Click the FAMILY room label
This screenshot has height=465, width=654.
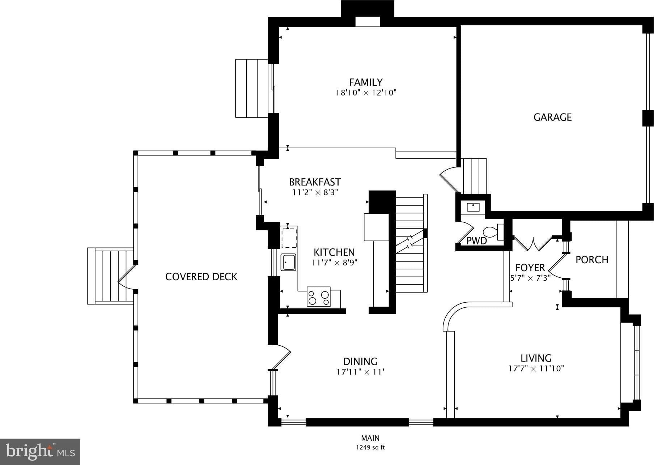coord(366,82)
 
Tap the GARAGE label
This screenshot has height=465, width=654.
coord(552,117)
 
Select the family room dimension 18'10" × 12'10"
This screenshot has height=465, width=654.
coord(366,93)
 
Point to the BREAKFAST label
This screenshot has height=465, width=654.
coord(315,182)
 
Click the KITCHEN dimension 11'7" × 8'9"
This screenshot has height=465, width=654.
coord(334,263)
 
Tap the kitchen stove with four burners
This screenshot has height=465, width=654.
coord(318,297)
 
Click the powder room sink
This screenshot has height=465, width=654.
coord(473,207)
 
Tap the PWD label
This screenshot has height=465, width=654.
coord(476,241)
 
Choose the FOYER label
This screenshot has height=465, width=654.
coord(530,268)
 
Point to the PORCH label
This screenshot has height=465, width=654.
coord(592,260)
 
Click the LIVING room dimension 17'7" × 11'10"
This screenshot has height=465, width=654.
coord(536,369)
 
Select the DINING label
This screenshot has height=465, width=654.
coord(360,361)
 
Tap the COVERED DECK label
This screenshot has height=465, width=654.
coord(201,277)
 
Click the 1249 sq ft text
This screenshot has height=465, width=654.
coord(370,448)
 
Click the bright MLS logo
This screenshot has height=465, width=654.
coord(40,452)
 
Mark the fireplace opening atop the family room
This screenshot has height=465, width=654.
coord(368,22)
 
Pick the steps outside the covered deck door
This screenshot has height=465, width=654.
coord(109,276)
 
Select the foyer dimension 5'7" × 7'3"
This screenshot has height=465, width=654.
coord(530,278)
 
